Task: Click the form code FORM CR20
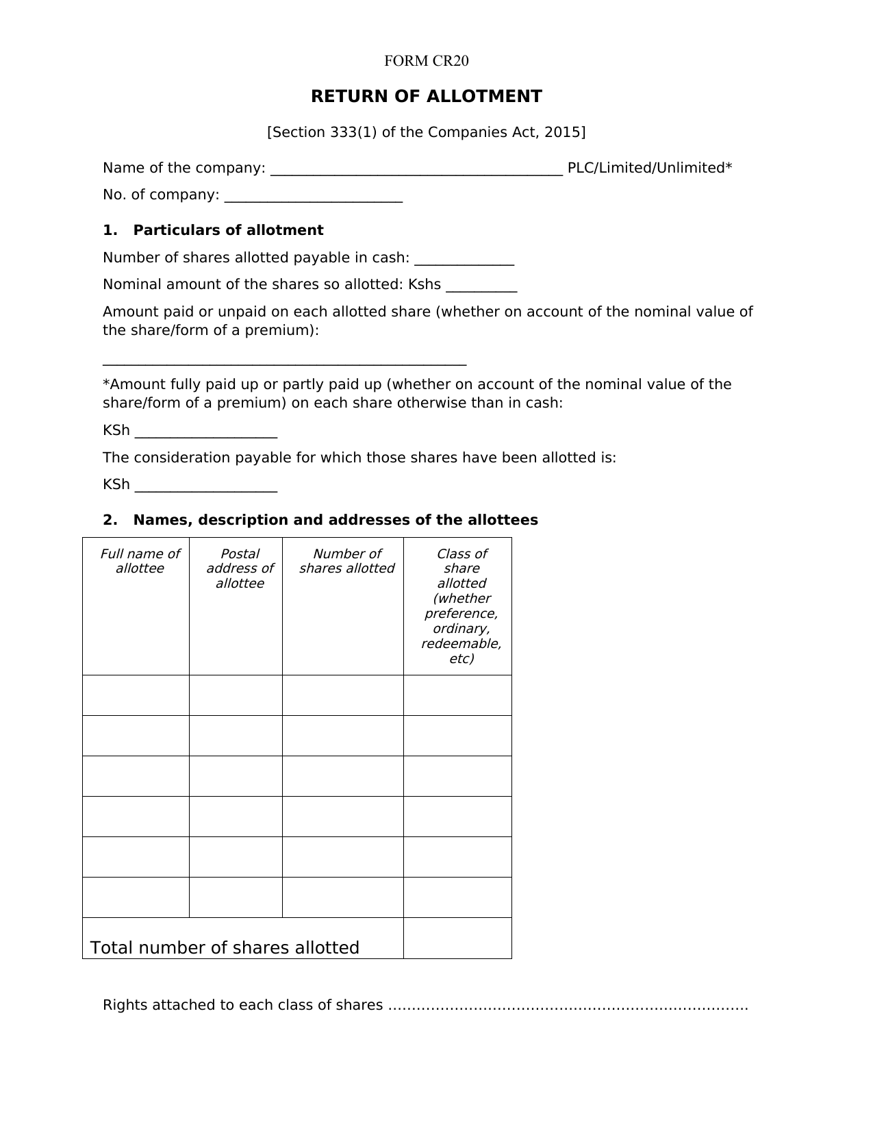coord(426,61)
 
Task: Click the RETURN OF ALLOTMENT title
coord(426,97)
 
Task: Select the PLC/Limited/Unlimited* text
coord(649,168)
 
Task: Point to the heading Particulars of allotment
coord(228,230)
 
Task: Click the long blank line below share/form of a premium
coord(284,363)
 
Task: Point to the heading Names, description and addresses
coord(336,520)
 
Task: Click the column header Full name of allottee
coord(140,561)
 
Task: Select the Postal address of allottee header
coord(240,569)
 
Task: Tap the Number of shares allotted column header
coord(346,561)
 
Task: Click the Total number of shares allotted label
coord(225,947)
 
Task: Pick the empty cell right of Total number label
coord(457,938)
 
